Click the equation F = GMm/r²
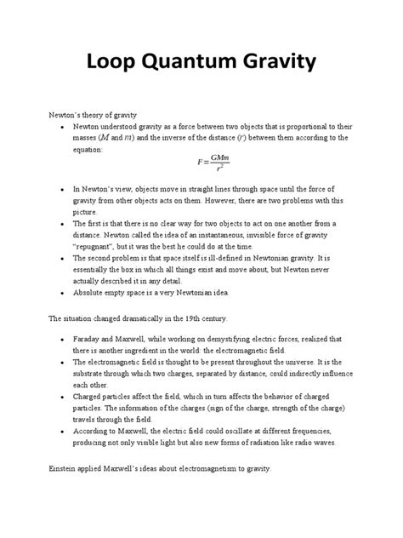click(201, 162)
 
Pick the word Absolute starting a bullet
click(92, 292)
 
